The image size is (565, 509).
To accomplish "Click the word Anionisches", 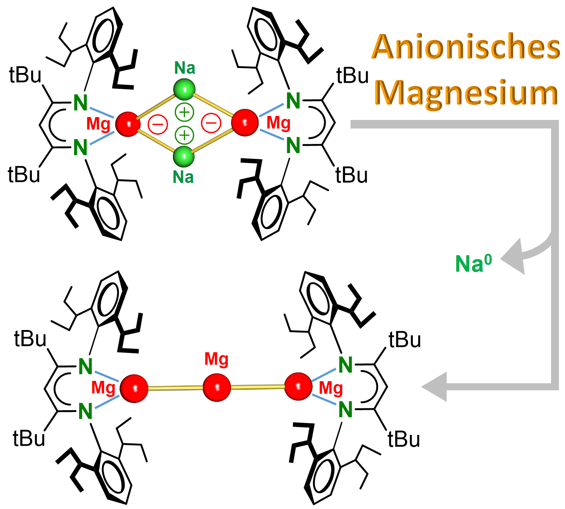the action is [x=466, y=47].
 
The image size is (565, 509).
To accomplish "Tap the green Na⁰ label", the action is [x=473, y=264].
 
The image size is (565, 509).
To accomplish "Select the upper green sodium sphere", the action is [x=184, y=89].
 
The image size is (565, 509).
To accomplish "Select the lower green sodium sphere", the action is [x=184, y=156].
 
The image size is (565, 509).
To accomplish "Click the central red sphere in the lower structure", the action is [x=217, y=388].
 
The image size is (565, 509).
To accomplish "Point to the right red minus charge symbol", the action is [x=211, y=123].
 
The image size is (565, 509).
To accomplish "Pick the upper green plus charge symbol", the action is [x=184, y=112].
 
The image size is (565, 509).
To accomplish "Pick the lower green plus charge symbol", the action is [x=184, y=135].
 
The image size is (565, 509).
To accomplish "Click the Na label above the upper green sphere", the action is [x=185, y=68].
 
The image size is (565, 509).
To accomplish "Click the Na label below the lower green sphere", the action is [x=183, y=177].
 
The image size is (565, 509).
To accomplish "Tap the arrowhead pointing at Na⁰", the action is [x=513, y=257].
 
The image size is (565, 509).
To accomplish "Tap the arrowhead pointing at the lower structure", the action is [x=435, y=387].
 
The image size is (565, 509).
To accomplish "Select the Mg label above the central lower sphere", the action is [x=216, y=359].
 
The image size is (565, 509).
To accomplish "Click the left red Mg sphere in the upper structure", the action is [x=128, y=124].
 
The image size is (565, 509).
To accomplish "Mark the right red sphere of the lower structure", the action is [x=298, y=386].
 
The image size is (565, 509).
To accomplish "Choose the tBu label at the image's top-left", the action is [x=25, y=76].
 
